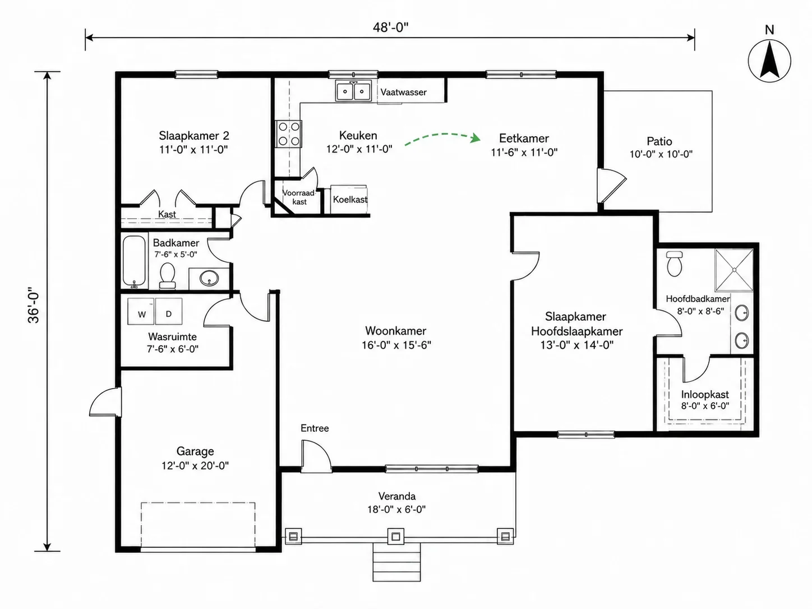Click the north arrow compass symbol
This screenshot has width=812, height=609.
tap(769, 61)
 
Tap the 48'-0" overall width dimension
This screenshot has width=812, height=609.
tap(390, 27)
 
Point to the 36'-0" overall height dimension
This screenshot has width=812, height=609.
tap(34, 305)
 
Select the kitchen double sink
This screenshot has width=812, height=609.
tap(353, 91)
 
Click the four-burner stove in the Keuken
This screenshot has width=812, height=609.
tap(289, 134)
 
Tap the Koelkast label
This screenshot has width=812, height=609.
tap(350, 200)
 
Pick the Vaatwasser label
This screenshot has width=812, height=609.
tap(404, 92)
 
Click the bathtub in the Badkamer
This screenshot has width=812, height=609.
tap(134, 262)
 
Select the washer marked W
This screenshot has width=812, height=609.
tap(141, 311)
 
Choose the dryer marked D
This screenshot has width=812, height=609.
tap(169, 311)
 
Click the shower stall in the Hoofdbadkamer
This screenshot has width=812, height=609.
tap(734, 270)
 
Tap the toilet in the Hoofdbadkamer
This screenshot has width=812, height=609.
tap(675, 263)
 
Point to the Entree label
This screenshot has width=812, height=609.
tap(315, 428)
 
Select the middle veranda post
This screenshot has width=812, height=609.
tap(396, 536)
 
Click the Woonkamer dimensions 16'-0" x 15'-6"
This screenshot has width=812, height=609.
tap(396, 345)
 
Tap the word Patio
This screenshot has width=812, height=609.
tap(659, 141)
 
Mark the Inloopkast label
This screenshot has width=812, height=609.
tap(705, 395)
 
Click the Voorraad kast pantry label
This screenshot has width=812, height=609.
tap(299, 197)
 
